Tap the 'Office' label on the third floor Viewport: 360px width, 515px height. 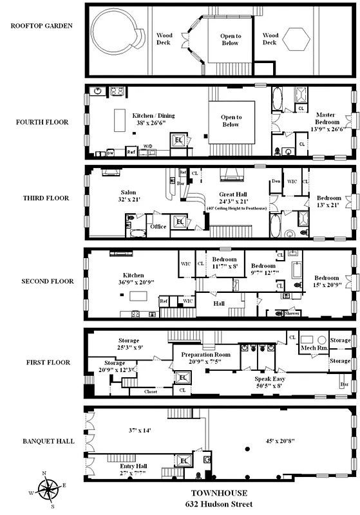158,227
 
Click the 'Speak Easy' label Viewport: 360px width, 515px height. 270,379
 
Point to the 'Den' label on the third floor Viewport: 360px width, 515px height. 276,181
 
